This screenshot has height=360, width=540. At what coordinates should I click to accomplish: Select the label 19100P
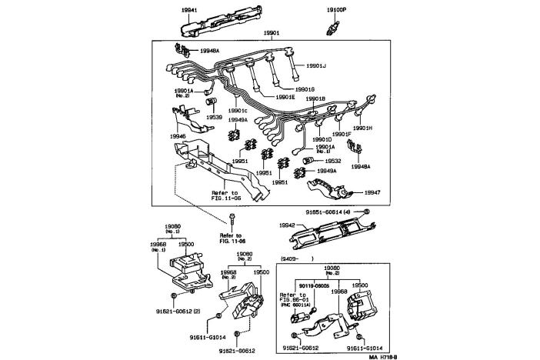coord(336,11)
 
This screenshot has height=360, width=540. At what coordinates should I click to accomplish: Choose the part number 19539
coord(213,118)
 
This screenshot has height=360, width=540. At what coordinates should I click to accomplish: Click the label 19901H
coord(363,128)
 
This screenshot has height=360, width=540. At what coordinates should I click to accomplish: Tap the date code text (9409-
coord(292,258)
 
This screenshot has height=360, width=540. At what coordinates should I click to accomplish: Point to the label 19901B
coord(316,98)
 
